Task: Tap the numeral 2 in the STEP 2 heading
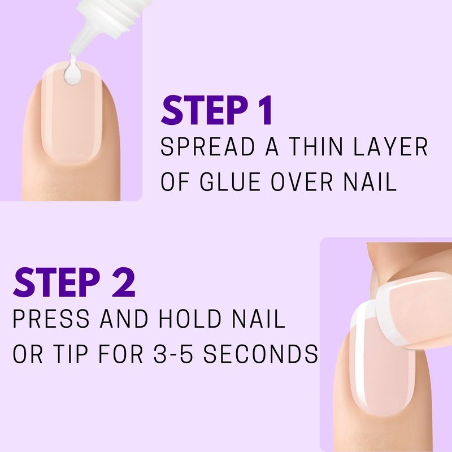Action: tap(124, 282)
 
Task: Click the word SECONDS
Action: tap(261, 354)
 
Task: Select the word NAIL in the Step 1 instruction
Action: tap(370, 181)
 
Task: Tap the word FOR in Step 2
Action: tap(120, 354)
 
